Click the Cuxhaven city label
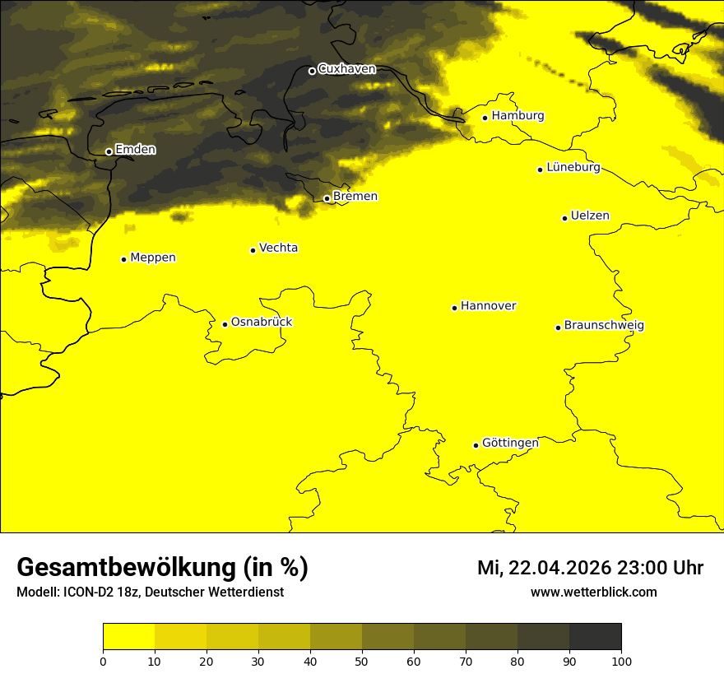tap(346, 69)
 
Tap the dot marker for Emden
tap(109, 151)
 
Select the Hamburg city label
tap(517, 116)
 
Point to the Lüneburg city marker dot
tap(540, 170)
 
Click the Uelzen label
tap(590, 216)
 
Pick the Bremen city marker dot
tap(327, 198)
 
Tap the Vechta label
tap(278, 248)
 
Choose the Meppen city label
tap(153, 258)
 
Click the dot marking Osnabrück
tap(225, 324)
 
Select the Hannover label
tap(488, 306)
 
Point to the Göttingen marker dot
tap(476, 445)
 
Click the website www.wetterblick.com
tap(593, 592)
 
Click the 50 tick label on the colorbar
tap(362, 661)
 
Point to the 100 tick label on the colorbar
tap(621, 661)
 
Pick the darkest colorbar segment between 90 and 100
tap(595, 636)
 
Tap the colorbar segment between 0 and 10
tap(128, 636)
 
